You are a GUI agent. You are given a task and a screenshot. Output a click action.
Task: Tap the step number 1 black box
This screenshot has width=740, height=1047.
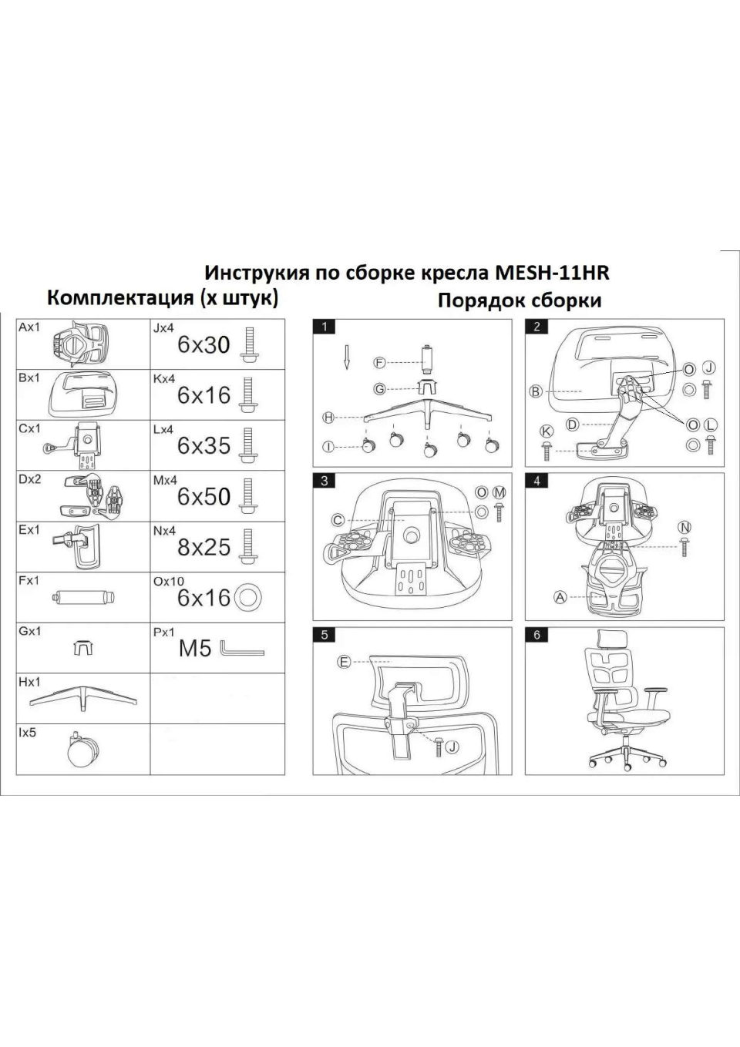point(325,327)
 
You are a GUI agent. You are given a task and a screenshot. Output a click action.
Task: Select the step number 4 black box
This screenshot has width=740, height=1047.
point(536,481)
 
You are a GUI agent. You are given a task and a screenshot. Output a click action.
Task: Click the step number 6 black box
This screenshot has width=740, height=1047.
point(536,635)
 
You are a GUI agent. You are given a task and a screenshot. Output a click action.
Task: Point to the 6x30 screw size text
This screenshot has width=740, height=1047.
point(203,345)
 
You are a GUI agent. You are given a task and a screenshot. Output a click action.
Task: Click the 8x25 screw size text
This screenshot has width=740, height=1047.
point(203,547)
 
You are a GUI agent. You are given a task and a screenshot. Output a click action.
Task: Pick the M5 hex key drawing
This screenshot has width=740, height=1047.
point(241,649)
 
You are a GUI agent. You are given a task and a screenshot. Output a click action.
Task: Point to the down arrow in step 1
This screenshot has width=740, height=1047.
point(348,355)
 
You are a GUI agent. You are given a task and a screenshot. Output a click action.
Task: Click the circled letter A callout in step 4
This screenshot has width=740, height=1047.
point(560,596)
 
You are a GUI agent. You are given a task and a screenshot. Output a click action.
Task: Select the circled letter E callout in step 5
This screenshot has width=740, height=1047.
point(344,662)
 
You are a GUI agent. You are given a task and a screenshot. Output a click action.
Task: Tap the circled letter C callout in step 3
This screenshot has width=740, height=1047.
point(338,521)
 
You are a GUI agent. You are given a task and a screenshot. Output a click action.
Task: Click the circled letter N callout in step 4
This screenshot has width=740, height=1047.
point(684,527)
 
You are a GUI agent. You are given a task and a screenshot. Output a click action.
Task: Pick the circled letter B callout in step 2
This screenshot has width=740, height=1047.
point(536,391)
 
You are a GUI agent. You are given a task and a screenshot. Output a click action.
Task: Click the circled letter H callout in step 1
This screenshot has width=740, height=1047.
point(328,418)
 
